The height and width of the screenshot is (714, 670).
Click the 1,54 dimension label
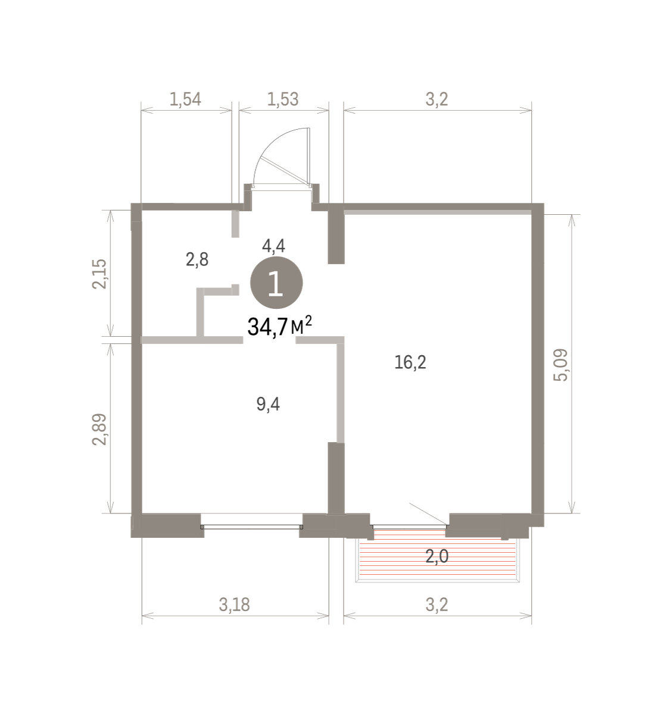pos(185,99)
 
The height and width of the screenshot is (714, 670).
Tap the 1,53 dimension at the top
pos(283,99)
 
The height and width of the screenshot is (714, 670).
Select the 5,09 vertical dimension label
pos(561,365)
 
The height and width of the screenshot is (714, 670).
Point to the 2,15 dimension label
pos(99,274)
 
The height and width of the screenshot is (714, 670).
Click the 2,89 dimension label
pos(99,430)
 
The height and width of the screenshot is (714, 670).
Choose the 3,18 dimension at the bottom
pos(235,605)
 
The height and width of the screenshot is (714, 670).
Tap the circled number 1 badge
pos(276,283)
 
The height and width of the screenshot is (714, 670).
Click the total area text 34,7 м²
pos(279,325)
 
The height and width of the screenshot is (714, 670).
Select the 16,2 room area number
pos(410,362)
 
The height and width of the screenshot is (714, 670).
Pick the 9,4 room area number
pos(268,405)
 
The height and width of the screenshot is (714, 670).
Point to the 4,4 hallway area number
pos(273,246)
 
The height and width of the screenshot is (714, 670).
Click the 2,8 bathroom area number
pos(197,259)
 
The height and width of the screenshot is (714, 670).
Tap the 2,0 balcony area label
pos(437,556)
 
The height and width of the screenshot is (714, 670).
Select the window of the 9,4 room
pos(251,527)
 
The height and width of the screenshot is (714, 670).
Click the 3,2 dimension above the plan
pos(437,99)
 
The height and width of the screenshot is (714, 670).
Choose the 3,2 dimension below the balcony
pos(437,605)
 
